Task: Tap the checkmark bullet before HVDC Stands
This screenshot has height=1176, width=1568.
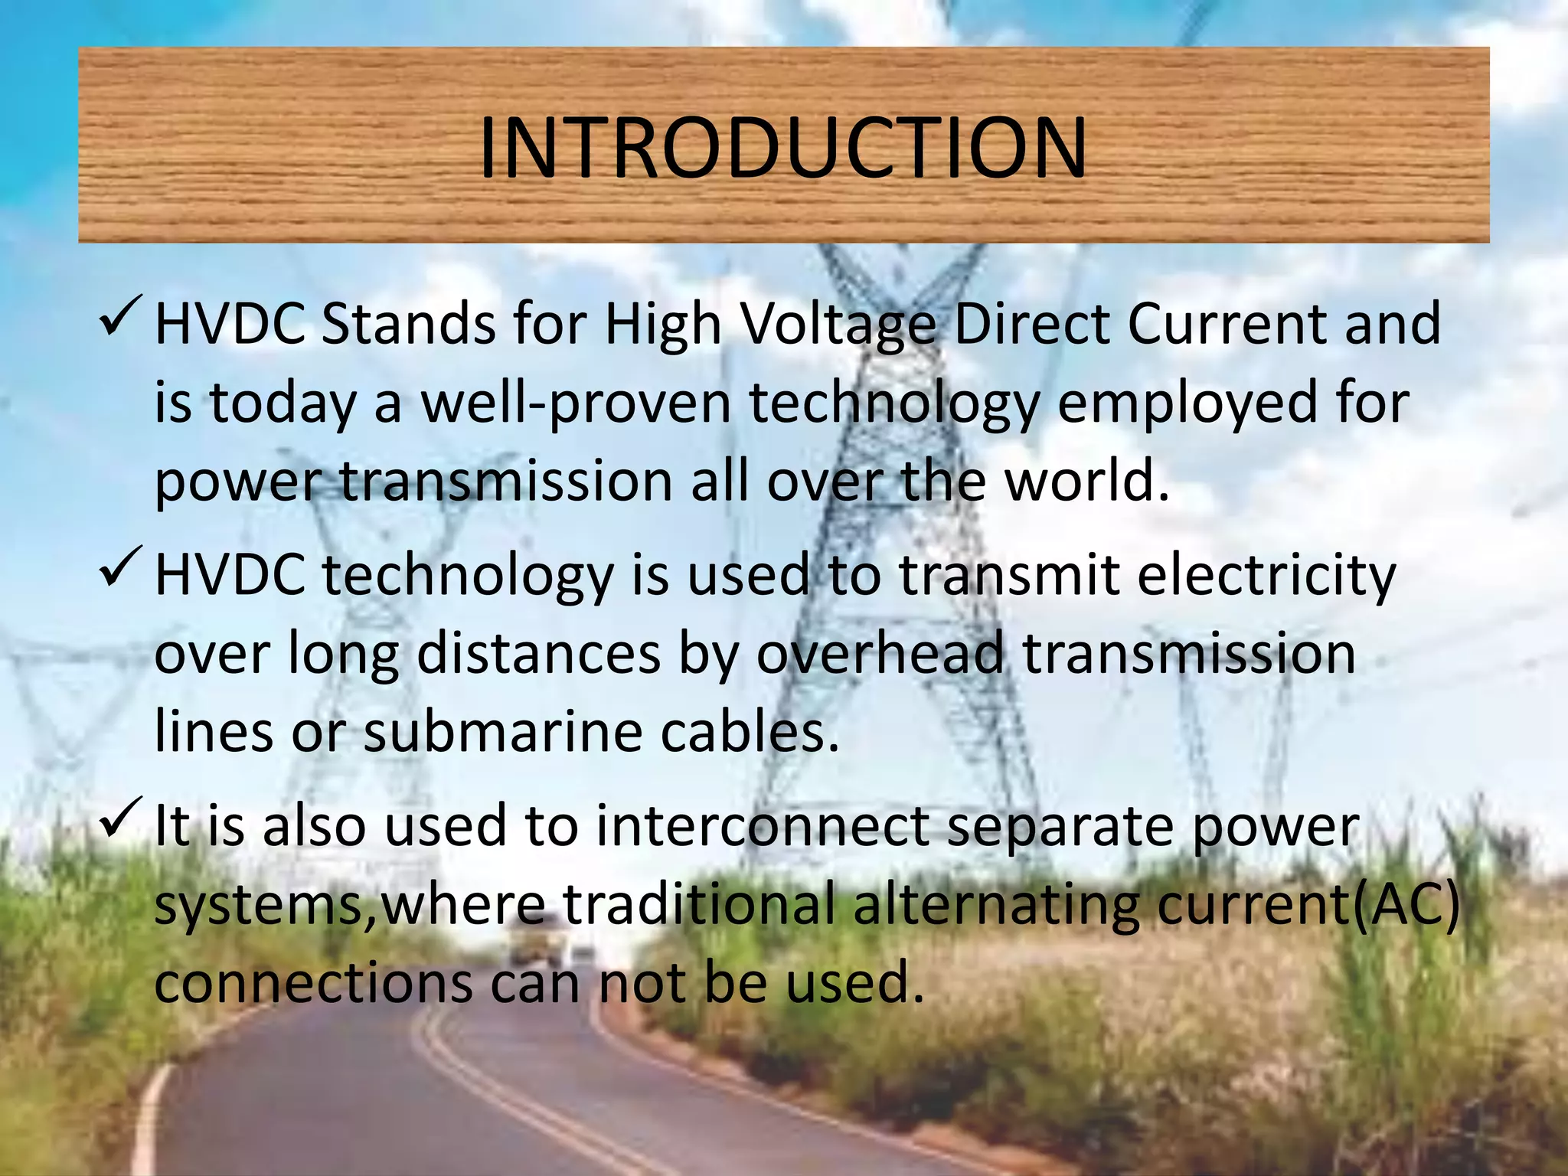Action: pyautogui.click(x=119, y=318)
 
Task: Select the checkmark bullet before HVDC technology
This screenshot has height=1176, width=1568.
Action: pyautogui.click(x=119, y=570)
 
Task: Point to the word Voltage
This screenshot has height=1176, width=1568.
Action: pyautogui.click(x=839, y=325)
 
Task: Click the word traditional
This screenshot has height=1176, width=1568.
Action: pyautogui.click(x=699, y=906)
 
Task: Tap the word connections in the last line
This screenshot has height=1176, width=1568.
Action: pyautogui.click(x=313, y=984)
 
